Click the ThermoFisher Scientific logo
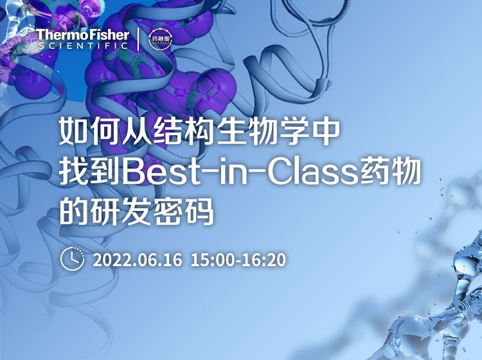(83, 38)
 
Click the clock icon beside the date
(72, 259)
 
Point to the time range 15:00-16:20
(238, 260)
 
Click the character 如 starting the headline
(73, 133)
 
